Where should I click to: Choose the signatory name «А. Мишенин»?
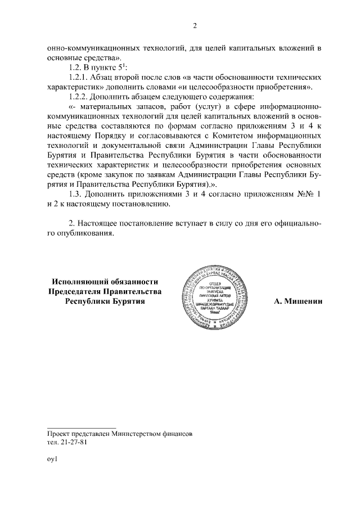pos(298,301)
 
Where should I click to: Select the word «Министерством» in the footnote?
pos(137,434)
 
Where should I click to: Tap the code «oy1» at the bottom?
pos(53,459)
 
